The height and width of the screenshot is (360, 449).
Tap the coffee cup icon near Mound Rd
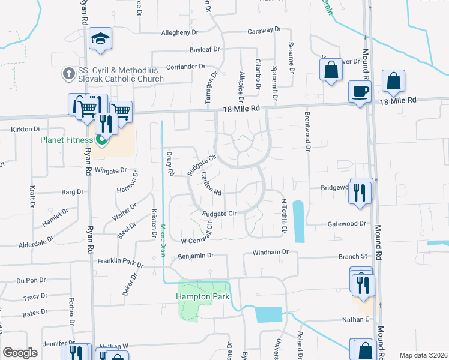pos(360,91)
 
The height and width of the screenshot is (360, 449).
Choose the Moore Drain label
pos(163,241)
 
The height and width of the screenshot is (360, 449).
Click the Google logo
pos(20,353)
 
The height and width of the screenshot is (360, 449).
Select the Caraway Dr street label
pos(264,29)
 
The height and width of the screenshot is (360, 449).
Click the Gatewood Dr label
pos(346,224)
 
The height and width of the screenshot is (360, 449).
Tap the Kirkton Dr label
pos(25,129)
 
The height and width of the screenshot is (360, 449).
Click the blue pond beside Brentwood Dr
pos(298,221)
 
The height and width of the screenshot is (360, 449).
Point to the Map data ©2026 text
pos(423,355)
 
